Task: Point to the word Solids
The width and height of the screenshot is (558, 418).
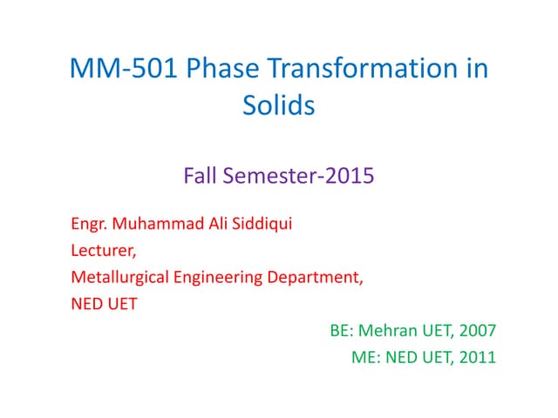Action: coord(278,107)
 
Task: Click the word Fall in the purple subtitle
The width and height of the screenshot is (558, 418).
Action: coord(201,176)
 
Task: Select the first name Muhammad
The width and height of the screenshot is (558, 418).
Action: coord(152,226)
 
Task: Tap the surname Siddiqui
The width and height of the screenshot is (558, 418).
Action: coord(257,226)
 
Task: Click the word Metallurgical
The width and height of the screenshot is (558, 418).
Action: coord(117,278)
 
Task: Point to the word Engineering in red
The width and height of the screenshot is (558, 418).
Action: coord(212,279)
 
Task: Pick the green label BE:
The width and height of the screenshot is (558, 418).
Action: coord(344,331)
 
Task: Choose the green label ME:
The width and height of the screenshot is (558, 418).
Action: coord(364,357)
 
